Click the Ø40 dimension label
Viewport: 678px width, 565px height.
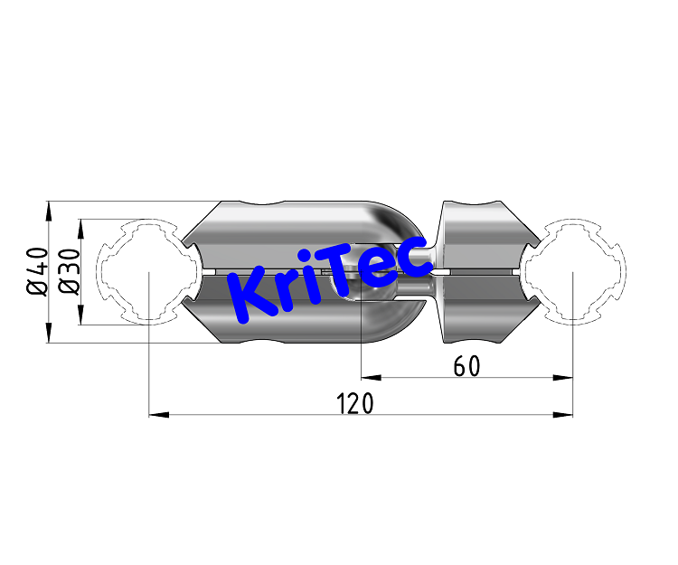click(x=37, y=271)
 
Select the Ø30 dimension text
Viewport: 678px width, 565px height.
click(x=68, y=271)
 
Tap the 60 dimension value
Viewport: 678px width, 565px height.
click(x=466, y=366)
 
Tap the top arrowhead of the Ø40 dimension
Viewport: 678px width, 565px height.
click(x=49, y=211)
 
